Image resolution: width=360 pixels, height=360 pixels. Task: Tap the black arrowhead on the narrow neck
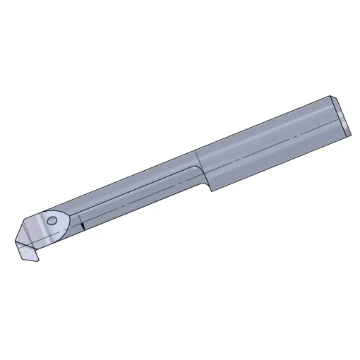click(x=83, y=226)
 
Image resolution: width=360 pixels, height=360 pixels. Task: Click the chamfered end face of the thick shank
click(x=341, y=115)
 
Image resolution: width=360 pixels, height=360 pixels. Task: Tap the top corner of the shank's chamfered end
click(x=331, y=96)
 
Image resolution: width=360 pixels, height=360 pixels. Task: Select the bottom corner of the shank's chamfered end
click(x=349, y=133)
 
